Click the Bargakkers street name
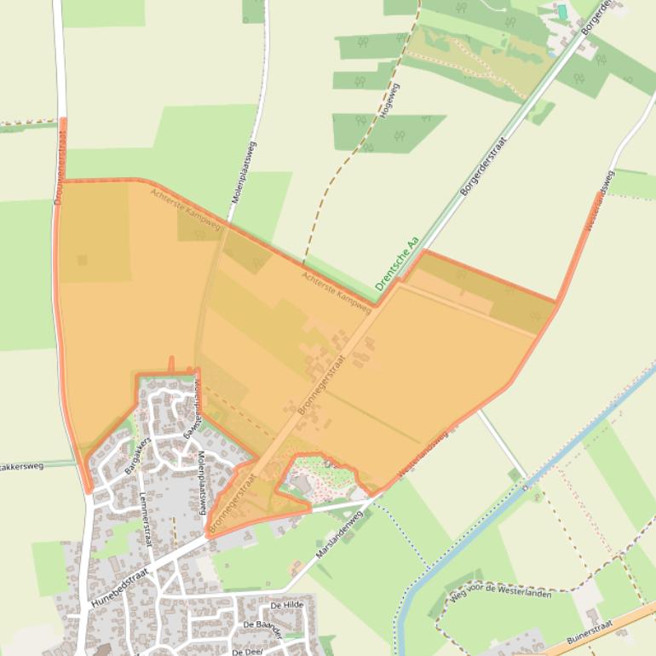point(137,454)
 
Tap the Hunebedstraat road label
point(120,587)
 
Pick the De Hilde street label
point(286,605)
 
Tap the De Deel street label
point(246,651)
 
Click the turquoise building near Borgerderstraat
point(561,12)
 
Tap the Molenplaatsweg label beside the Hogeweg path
point(243,171)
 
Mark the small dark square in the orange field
point(83,260)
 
